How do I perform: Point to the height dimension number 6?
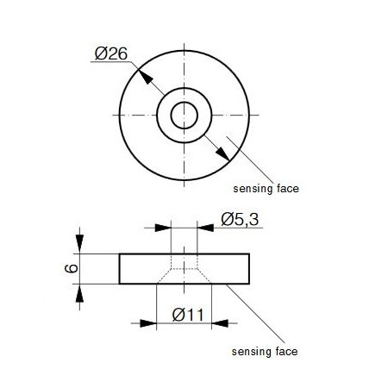coord(72,269)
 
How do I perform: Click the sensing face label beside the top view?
coord(266,187)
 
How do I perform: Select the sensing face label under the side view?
coord(266,352)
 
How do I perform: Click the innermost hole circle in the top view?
coord(184,114)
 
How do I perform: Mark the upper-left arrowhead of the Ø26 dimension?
coord(145,76)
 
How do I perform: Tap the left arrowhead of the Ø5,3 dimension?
coord(164,228)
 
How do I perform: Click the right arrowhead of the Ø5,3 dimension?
coord(204,228)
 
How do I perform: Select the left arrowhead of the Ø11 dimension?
coord(148,323)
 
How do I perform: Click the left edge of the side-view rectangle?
coord(119,269)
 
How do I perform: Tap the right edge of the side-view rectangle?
coord(250,269)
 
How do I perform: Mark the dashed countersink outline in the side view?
coord(164,276)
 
